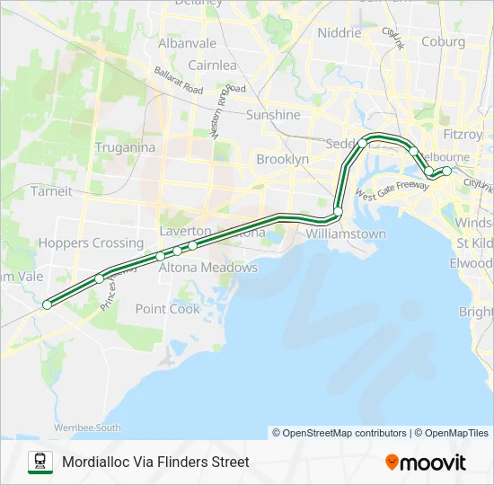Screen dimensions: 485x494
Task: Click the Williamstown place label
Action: click(x=346, y=234)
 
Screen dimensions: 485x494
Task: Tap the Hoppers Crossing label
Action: click(x=91, y=242)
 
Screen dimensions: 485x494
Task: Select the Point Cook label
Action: click(x=168, y=308)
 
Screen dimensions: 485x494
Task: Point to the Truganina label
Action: click(x=125, y=147)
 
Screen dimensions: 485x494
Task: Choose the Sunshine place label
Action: click(x=273, y=115)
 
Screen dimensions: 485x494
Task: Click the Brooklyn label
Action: click(x=282, y=159)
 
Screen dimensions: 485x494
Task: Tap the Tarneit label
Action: click(x=51, y=190)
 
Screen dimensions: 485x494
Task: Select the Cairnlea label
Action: click(x=212, y=65)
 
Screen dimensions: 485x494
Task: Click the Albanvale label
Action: click(x=187, y=43)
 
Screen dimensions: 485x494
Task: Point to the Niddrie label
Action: click(x=340, y=33)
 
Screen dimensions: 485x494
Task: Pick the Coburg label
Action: click(x=443, y=41)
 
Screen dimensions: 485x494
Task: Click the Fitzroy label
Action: click(x=463, y=135)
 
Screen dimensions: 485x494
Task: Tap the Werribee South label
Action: click(x=88, y=428)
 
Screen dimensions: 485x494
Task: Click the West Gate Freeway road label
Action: click(x=392, y=190)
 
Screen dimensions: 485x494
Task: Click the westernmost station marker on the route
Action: click(x=47, y=305)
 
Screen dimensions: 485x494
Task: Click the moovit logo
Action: click(x=426, y=462)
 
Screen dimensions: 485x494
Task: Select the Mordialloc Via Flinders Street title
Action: click(x=155, y=463)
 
